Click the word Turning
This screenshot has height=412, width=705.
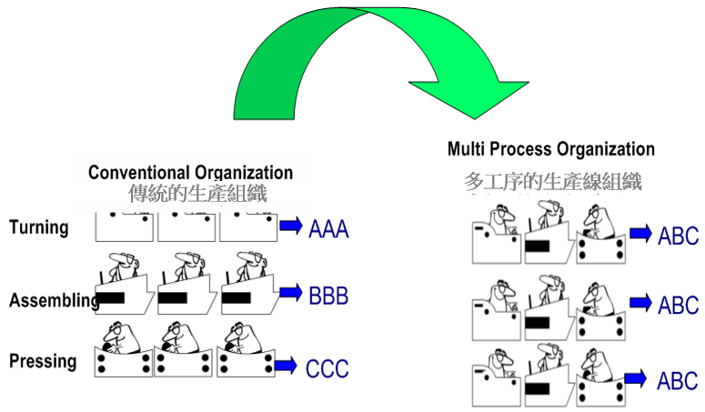[39, 226]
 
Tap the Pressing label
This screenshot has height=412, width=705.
[43, 361]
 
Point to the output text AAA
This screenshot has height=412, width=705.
[328, 228]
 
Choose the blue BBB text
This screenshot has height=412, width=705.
[327, 296]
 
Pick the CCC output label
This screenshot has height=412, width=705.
[327, 368]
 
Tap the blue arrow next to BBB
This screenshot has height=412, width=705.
[291, 292]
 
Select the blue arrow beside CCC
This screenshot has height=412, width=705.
[286, 366]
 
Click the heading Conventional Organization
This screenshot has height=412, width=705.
[190, 173]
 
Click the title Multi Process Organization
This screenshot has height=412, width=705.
[551, 149]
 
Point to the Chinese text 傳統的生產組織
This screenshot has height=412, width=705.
[199, 193]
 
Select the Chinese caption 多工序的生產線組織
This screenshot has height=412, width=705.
[551, 182]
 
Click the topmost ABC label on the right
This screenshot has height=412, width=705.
[678, 236]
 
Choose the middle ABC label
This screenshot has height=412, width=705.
[678, 304]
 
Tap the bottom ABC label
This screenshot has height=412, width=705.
[678, 380]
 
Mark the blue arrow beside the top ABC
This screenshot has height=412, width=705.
[640, 234]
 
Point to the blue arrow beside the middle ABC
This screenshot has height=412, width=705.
[640, 301]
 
